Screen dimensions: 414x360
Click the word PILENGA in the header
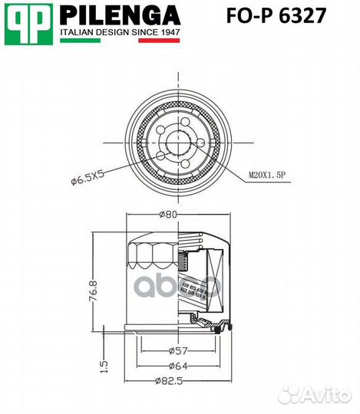[120, 15]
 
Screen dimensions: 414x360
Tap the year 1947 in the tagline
[168, 34]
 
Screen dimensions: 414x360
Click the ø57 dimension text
[178, 350]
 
